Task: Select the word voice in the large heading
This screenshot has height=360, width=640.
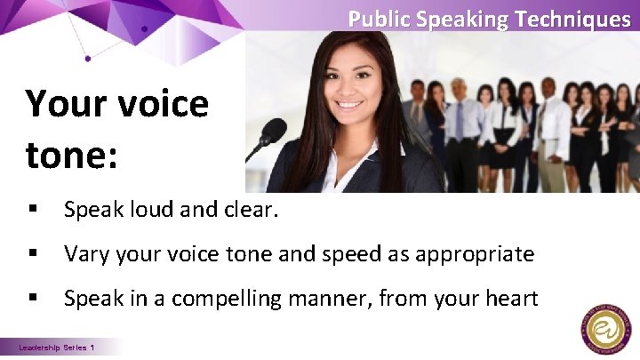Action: tap(161, 104)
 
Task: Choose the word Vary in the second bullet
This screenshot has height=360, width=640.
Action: tap(85, 255)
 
